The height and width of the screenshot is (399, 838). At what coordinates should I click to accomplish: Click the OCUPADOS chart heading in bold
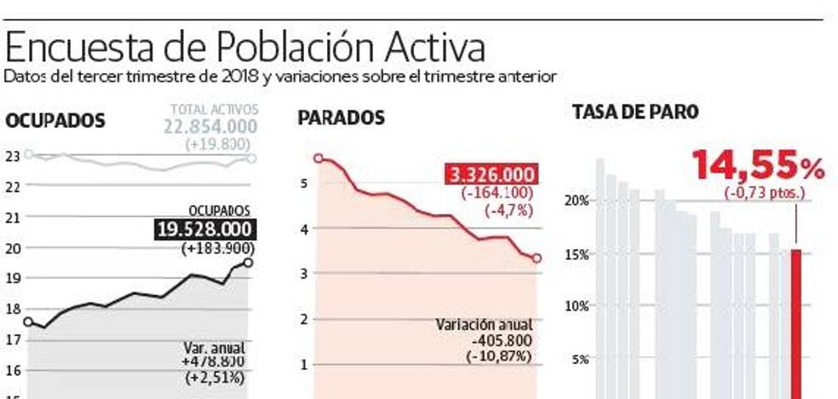tap(55, 122)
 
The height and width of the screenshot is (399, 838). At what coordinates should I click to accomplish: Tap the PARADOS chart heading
tap(341, 118)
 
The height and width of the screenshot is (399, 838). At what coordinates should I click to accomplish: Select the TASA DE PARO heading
tap(635, 112)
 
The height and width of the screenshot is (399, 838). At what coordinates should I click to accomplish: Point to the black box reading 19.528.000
tap(205, 229)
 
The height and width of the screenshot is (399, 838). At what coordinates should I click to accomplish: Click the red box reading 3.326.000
tap(493, 175)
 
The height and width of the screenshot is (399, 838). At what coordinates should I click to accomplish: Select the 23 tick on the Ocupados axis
tap(12, 155)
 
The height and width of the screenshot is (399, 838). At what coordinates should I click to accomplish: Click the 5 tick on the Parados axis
tap(304, 182)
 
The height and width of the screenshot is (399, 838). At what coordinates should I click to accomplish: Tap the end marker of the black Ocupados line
tap(248, 263)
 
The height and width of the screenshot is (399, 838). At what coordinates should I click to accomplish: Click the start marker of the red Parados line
tap(319, 158)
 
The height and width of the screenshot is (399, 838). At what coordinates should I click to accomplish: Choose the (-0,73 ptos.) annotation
tap(764, 193)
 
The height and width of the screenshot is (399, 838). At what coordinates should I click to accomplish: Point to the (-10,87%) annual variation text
tap(498, 354)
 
